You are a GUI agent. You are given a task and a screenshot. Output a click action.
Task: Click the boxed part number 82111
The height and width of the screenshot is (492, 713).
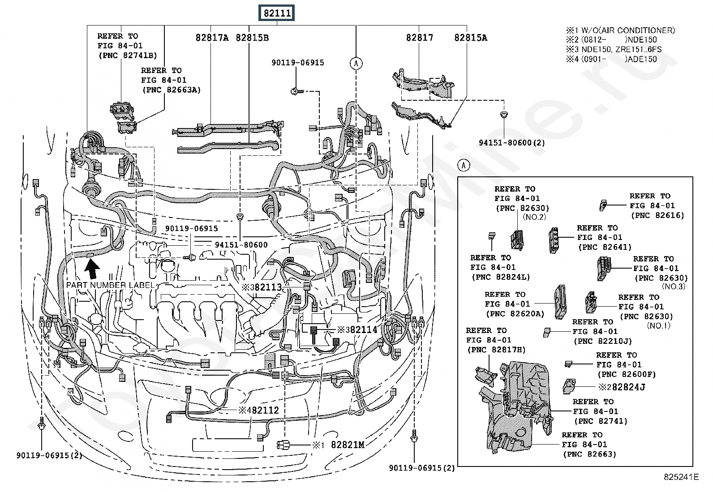[x=277, y=13]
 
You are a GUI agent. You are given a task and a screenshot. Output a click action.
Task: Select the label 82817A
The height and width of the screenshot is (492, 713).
[x=212, y=38]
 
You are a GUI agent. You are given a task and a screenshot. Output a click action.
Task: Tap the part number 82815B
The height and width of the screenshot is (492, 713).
[x=252, y=38]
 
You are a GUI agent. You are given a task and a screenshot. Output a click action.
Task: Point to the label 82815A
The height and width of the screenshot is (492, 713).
[x=471, y=38]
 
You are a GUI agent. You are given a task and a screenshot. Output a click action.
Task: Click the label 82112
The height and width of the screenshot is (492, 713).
[x=265, y=410]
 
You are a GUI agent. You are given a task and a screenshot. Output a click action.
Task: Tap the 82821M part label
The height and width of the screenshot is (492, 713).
[x=348, y=445]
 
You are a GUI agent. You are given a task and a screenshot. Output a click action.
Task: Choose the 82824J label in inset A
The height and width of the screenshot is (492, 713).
[x=629, y=387]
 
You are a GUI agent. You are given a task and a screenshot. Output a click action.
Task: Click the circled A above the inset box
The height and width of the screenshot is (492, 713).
[x=464, y=166]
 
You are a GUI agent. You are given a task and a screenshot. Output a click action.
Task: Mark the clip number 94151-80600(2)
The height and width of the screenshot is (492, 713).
[x=512, y=142]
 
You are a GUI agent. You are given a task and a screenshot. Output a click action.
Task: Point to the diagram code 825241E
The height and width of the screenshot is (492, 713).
[x=681, y=477]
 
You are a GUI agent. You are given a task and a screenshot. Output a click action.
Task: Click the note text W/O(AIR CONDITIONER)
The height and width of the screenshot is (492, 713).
[x=628, y=30]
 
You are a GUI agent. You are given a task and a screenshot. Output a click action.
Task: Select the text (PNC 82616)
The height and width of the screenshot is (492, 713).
[x=657, y=215]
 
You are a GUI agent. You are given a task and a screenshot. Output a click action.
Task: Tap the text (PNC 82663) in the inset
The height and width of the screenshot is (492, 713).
[x=590, y=454]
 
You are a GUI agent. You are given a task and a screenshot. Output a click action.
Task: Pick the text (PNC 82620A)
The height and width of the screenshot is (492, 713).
[x=515, y=314]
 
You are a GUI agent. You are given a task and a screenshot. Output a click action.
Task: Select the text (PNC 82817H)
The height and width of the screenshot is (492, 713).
[x=496, y=350]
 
